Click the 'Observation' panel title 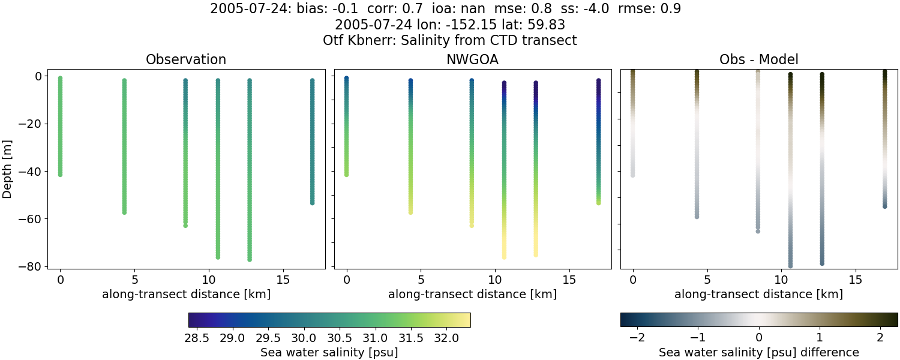click(186, 60)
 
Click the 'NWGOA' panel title click(472, 60)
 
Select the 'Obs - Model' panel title click(759, 60)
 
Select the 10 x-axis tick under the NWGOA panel click(495, 280)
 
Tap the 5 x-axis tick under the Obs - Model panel click(707, 280)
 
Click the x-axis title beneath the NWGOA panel click(472, 295)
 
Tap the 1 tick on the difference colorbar click(820, 338)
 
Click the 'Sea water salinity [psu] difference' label click(759, 352)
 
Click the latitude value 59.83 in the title click(547, 25)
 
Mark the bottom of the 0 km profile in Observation click(60, 174)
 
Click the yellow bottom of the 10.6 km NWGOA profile click(504, 256)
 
